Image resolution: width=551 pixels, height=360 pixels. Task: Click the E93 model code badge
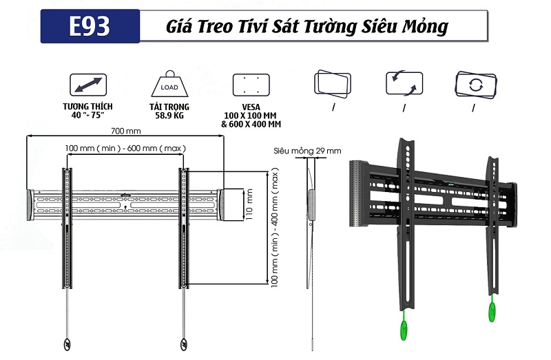pyautogui.click(x=90, y=26)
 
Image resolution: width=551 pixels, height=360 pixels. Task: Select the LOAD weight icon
pyautogui.click(x=169, y=85)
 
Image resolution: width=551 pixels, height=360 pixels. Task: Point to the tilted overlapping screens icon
pyautogui.click(x=333, y=84)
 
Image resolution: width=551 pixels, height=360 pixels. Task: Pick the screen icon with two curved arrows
pyautogui.click(x=403, y=84)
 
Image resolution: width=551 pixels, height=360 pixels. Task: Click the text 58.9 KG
pyautogui.click(x=169, y=116)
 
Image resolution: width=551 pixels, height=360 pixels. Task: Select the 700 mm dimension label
pyautogui.click(x=126, y=131)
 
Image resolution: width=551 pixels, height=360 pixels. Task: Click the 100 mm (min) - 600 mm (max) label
pyautogui.click(x=126, y=148)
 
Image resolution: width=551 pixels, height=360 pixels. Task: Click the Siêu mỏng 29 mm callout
pyautogui.click(x=306, y=151)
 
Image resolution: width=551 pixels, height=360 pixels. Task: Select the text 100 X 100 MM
pyautogui.click(x=251, y=116)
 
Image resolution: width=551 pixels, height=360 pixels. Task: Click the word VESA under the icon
pyautogui.click(x=250, y=107)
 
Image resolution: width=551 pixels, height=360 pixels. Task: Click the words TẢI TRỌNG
pyautogui.click(x=169, y=107)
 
